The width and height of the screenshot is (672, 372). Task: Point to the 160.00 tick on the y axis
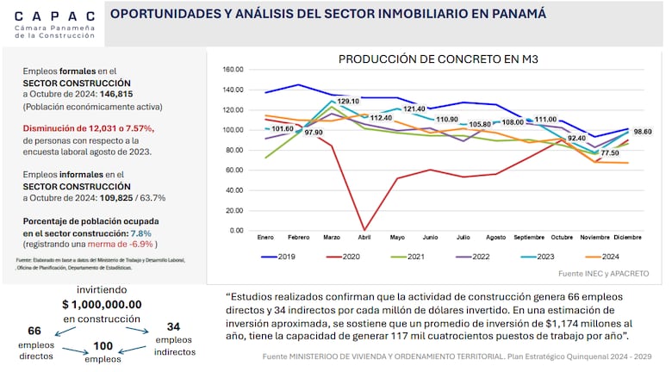click(233, 70)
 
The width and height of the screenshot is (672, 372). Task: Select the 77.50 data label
click(608, 152)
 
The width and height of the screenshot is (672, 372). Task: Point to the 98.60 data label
click(643, 132)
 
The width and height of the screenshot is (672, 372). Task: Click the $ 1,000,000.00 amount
click(102, 304)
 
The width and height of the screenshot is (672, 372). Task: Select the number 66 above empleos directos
click(35, 331)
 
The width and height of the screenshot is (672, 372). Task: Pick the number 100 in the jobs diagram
click(103, 346)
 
